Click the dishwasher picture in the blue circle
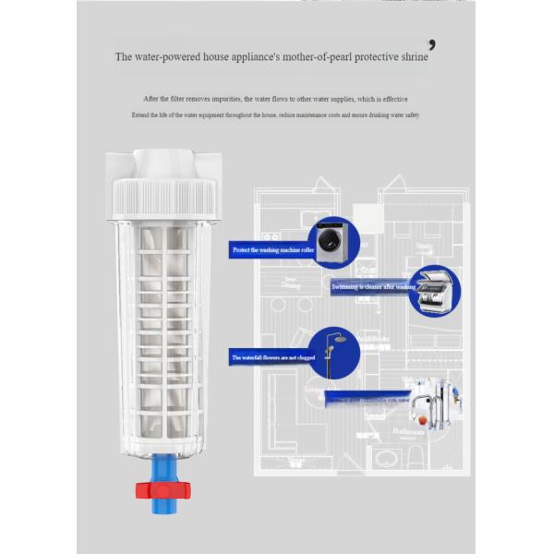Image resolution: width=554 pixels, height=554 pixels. tap(435, 290)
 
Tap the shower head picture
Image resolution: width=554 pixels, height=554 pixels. tap(333, 352)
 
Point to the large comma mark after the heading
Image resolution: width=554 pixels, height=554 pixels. tap(432, 44)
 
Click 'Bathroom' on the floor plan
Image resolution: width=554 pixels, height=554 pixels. tap(407, 430)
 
